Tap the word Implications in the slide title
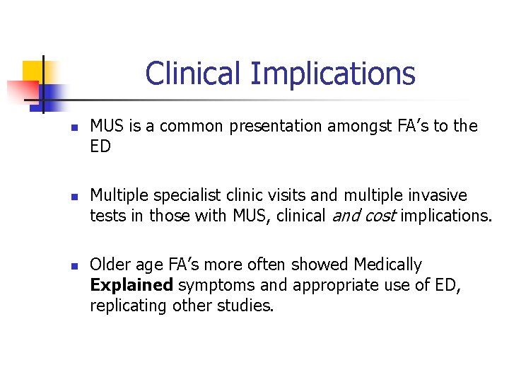pyautogui.click(x=333, y=74)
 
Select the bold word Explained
pyautogui.click(x=131, y=286)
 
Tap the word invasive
pyautogui.click(x=440, y=195)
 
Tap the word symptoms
pyautogui.click(x=209, y=286)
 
